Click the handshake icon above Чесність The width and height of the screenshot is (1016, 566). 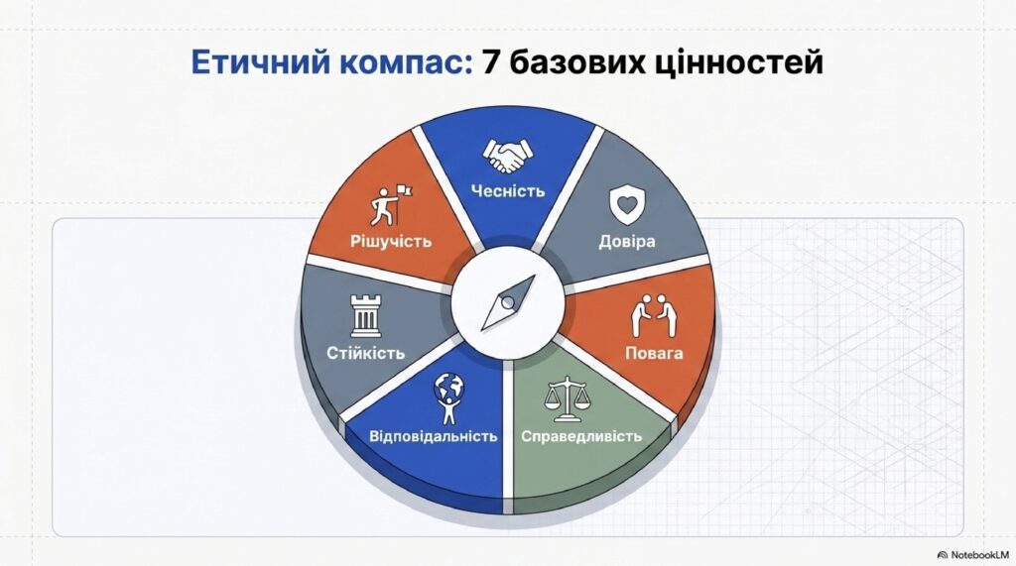(x=507, y=156)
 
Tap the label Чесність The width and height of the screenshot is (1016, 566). (x=508, y=191)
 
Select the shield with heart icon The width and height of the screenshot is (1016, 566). (x=627, y=205)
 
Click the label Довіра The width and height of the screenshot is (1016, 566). (x=627, y=242)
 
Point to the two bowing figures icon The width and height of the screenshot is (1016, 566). (x=655, y=315)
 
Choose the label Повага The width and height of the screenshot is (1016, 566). (x=654, y=354)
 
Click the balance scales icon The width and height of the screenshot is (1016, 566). (x=567, y=397)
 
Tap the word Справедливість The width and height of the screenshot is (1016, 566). (x=581, y=436)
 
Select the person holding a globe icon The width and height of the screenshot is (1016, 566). (x=449, y=396)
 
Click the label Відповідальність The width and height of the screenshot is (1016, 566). (x=434, y=436)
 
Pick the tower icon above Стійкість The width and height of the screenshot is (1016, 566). (x=366, y=316)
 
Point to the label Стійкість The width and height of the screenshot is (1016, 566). (x=365, y=354)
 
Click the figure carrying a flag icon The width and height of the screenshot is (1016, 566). (x=391, y=205)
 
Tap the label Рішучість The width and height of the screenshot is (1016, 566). (x=391, y=242)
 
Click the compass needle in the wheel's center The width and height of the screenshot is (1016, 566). (x=509, y=302)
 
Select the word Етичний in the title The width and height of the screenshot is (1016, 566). (x=261, y=62)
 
